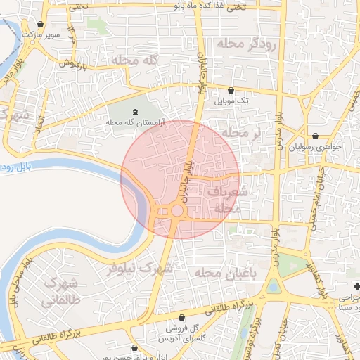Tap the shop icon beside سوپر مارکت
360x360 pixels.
pyautogui.click(x=41, y=24)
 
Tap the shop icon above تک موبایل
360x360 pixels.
pyautogui.click(x=232, y=90)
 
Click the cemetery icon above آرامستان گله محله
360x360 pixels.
pyautogui.click(x=136, y=112)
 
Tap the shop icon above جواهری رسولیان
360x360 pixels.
pyautogui.click(x=314, y=136)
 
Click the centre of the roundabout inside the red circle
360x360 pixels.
pyautogui.click(x=176, y=210)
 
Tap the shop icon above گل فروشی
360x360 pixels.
pyautogui.click(x=182, y=318)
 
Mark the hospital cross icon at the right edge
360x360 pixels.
pyautogui.click(x=356, y=287)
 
